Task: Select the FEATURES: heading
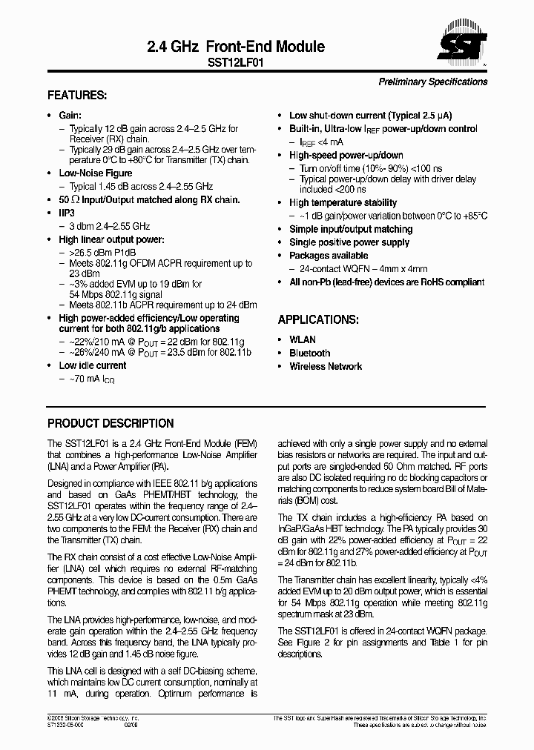(x=77, y=96)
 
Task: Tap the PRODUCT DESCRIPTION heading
(x=111, y=424)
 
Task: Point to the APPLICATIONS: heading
(x=318, y=319)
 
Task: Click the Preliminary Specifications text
(x=433, y=82)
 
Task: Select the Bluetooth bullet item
(x=309, y=353)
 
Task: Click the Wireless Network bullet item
(x=326, y=366)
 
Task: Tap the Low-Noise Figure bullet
(x=96, y=173)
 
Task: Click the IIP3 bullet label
(x=67, y=213)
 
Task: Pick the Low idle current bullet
(x=93, y=365)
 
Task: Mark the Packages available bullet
(x=329, y=255)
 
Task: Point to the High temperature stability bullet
(x=343, y=202)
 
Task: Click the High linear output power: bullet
(x=111, y=239)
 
